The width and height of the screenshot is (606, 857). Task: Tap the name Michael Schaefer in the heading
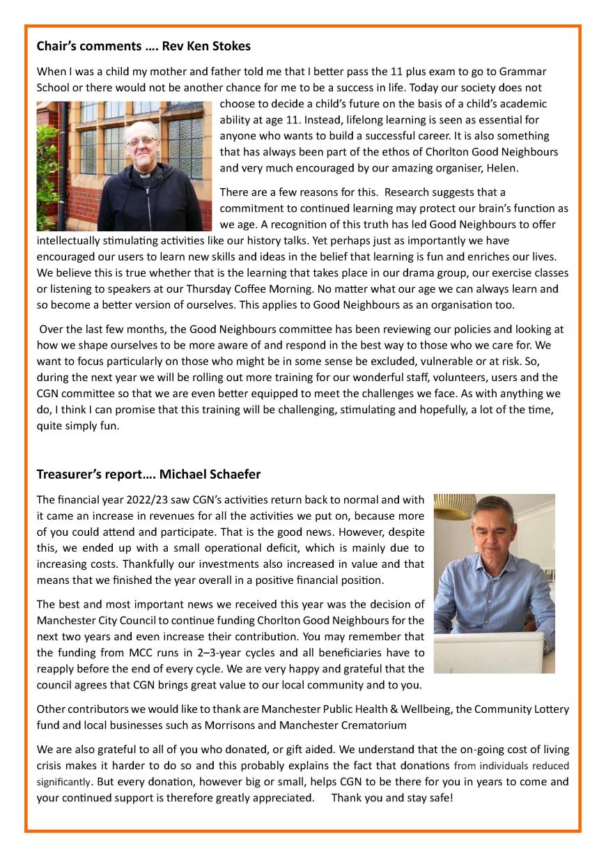210,474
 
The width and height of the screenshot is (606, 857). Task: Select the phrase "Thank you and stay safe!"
391,798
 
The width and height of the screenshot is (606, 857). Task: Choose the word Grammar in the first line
522,72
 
